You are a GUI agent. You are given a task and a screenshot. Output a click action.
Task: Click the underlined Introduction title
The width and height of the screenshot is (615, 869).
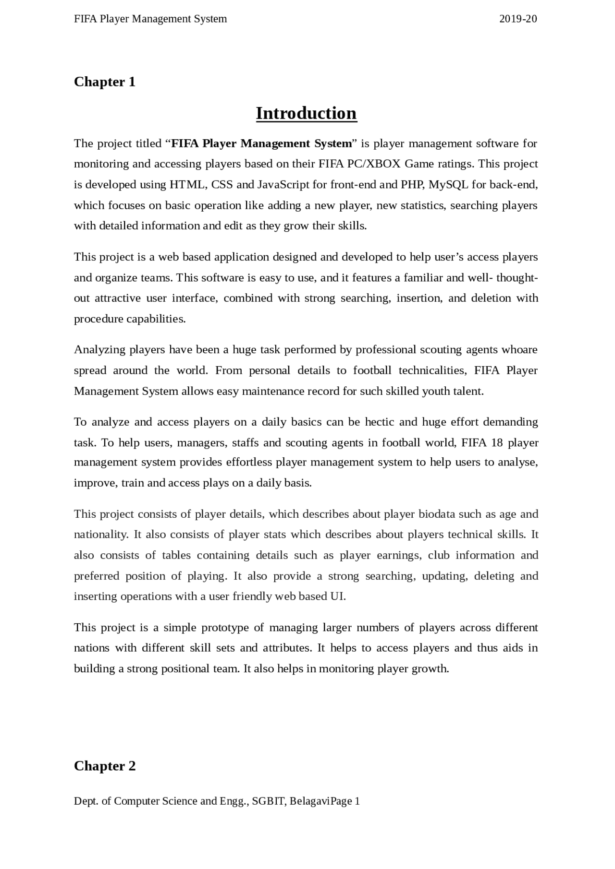tap(306, 113)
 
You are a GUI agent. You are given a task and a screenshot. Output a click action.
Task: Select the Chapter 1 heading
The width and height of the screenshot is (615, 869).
tap(105, 82)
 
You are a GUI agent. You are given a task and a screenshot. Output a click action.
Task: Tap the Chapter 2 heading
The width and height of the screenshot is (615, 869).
tap(105, 766)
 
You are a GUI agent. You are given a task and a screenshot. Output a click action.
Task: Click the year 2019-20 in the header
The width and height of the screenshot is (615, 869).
tap(518, 19)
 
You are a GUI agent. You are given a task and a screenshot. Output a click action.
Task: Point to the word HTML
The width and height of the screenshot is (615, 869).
tap(187, 185)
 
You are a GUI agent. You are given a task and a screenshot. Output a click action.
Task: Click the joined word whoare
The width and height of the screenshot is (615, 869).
tap(519, 350)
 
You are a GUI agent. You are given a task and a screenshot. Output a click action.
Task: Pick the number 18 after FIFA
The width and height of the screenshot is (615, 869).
tap(497, 442)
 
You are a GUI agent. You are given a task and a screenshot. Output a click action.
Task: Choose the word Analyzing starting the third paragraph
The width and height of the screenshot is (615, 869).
tap(99, 350)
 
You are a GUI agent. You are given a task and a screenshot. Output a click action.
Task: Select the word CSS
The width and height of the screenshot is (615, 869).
tap(222, 185)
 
